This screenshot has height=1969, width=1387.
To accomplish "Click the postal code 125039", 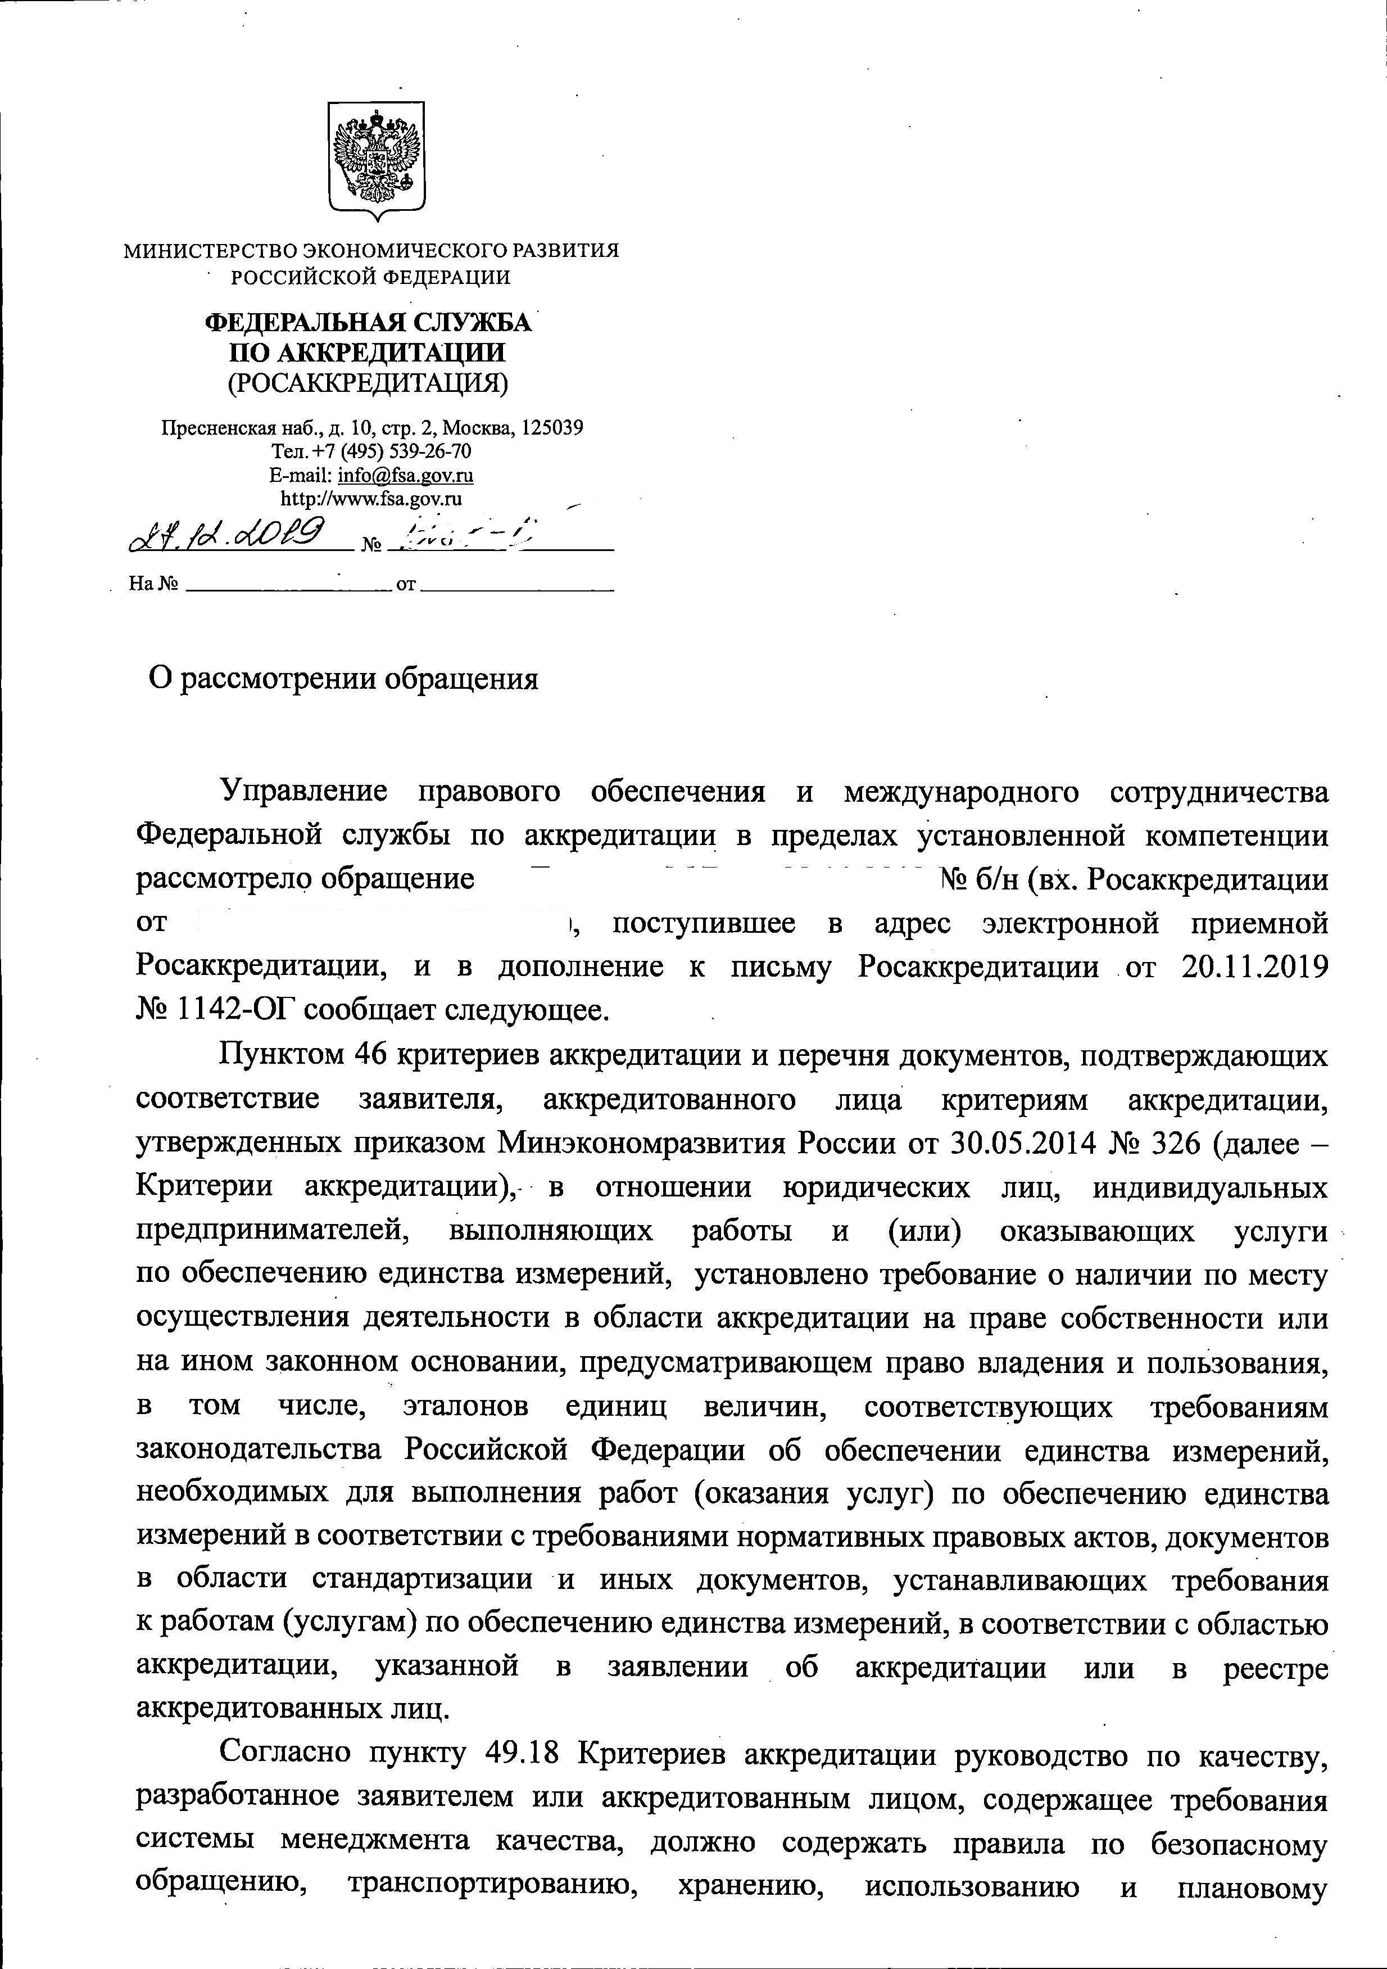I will [552, 427].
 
